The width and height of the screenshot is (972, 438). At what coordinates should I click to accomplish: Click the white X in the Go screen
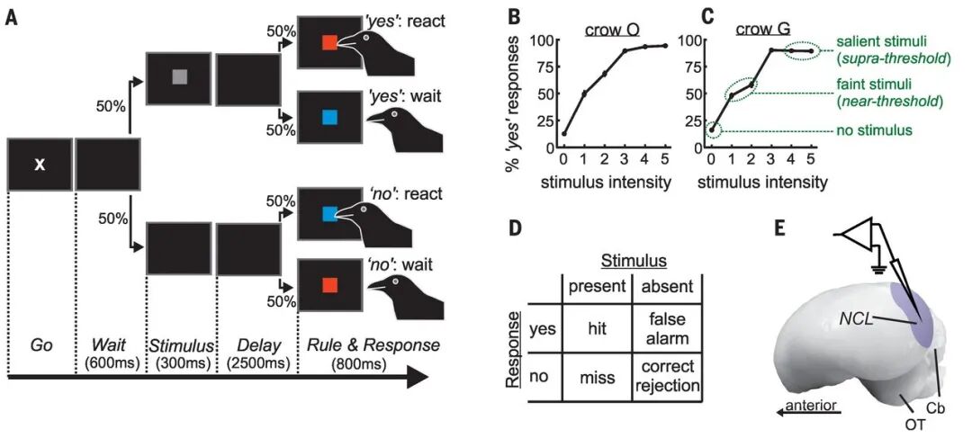pos(40,165)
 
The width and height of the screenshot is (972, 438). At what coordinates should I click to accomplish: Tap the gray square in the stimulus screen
pos(178,77)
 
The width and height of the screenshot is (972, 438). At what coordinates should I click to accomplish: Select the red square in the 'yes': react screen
pos(329,42)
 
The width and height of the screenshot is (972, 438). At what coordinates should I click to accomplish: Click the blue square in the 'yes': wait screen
pos(329,117)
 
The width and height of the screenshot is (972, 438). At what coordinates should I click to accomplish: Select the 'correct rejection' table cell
pos(666,377)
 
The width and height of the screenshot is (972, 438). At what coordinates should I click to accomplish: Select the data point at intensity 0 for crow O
pos(563,133)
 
